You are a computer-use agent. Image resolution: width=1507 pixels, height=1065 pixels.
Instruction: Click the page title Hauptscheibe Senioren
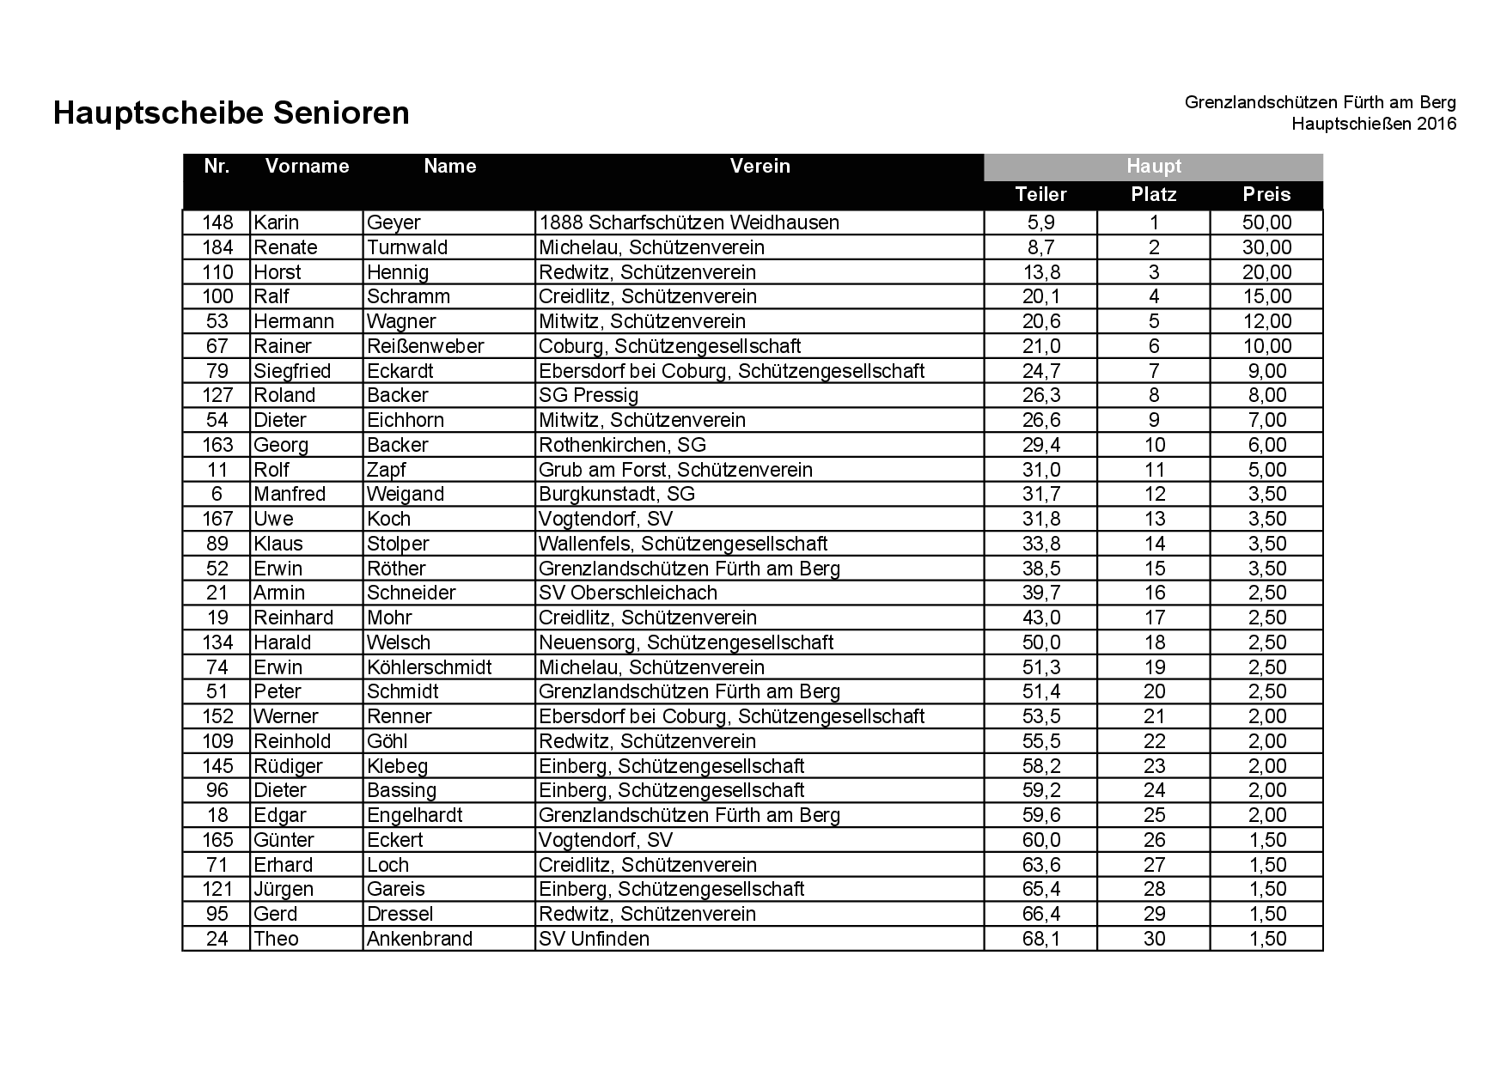(231, 113)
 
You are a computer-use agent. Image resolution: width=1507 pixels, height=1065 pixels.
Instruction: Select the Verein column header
(760, 166)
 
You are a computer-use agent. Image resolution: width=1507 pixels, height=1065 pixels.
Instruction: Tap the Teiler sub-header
(1040, 194)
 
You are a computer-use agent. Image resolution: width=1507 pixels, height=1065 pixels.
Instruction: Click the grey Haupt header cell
(1153, 167)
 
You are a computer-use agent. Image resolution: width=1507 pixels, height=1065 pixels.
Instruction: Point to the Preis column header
(1266, 194)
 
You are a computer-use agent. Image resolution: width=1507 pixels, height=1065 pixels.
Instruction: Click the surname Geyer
(394, 222)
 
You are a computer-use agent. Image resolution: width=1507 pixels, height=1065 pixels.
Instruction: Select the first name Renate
(285, 247)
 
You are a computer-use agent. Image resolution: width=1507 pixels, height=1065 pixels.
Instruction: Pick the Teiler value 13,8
(1040, 272)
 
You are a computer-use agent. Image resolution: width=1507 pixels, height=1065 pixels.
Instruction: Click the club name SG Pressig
(589, 395)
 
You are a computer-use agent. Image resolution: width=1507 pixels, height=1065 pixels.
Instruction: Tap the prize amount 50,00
(1266, 222)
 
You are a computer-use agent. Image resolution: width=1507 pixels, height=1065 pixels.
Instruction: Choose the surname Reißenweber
(425, 346)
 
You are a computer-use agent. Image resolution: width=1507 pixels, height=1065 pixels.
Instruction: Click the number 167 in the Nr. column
(217, 519)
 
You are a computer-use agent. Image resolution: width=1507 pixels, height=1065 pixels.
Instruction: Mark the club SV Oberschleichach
(627, 593)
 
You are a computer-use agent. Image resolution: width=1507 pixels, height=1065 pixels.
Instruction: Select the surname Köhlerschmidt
(429, 667)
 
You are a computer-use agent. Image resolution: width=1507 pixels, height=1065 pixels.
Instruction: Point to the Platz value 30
(1154, 939)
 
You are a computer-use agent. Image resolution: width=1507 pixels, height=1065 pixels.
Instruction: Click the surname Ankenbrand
(419, 939)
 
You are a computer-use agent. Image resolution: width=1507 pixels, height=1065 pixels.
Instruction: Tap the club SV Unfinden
(594, 939)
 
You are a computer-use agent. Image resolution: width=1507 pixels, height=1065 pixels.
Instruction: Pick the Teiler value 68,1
(1040, 939)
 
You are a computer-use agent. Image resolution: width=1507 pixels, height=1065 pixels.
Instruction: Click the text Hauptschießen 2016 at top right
(1373, 124)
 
